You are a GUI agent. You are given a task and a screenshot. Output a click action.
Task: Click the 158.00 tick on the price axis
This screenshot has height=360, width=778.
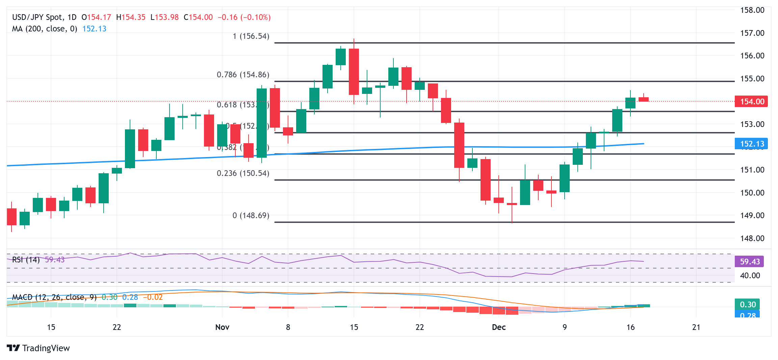(752, 10)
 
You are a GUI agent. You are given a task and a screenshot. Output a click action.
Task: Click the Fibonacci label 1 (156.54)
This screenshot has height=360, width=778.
(251, 36)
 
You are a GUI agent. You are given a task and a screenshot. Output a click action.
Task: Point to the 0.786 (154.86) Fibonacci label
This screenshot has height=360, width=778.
(243, 75)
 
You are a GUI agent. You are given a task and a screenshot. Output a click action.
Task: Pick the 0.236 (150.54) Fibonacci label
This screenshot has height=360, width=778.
(243, 173)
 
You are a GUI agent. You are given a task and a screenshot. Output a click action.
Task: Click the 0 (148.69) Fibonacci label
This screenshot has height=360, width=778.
(251, 215)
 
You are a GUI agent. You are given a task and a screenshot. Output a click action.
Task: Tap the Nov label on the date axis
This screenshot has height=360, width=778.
(222, 327)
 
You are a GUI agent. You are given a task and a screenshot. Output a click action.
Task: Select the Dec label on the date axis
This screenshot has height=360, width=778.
(499, 327)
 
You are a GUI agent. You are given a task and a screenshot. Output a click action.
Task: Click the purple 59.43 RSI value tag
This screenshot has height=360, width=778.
(749, 261)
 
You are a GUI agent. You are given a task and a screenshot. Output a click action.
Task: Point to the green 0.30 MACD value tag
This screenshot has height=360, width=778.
(748, 304)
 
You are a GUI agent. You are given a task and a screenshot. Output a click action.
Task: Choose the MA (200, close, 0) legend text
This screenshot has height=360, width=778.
(45, 29)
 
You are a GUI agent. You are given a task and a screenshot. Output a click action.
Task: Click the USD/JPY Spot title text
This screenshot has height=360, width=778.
(37, 17)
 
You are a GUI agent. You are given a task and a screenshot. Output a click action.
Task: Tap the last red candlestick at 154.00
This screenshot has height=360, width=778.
(644, 99)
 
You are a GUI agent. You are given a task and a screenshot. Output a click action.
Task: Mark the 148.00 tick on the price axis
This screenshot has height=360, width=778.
(752, 238)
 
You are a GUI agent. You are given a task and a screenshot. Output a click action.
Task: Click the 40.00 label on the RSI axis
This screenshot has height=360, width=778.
(750, 276)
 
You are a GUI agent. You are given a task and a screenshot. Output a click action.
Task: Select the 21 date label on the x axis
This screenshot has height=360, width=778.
(696, 327)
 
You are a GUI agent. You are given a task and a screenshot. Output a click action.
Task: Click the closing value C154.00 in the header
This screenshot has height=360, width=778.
(198, 17)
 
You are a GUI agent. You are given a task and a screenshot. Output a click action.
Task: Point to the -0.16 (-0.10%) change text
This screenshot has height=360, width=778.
(244, 17)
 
